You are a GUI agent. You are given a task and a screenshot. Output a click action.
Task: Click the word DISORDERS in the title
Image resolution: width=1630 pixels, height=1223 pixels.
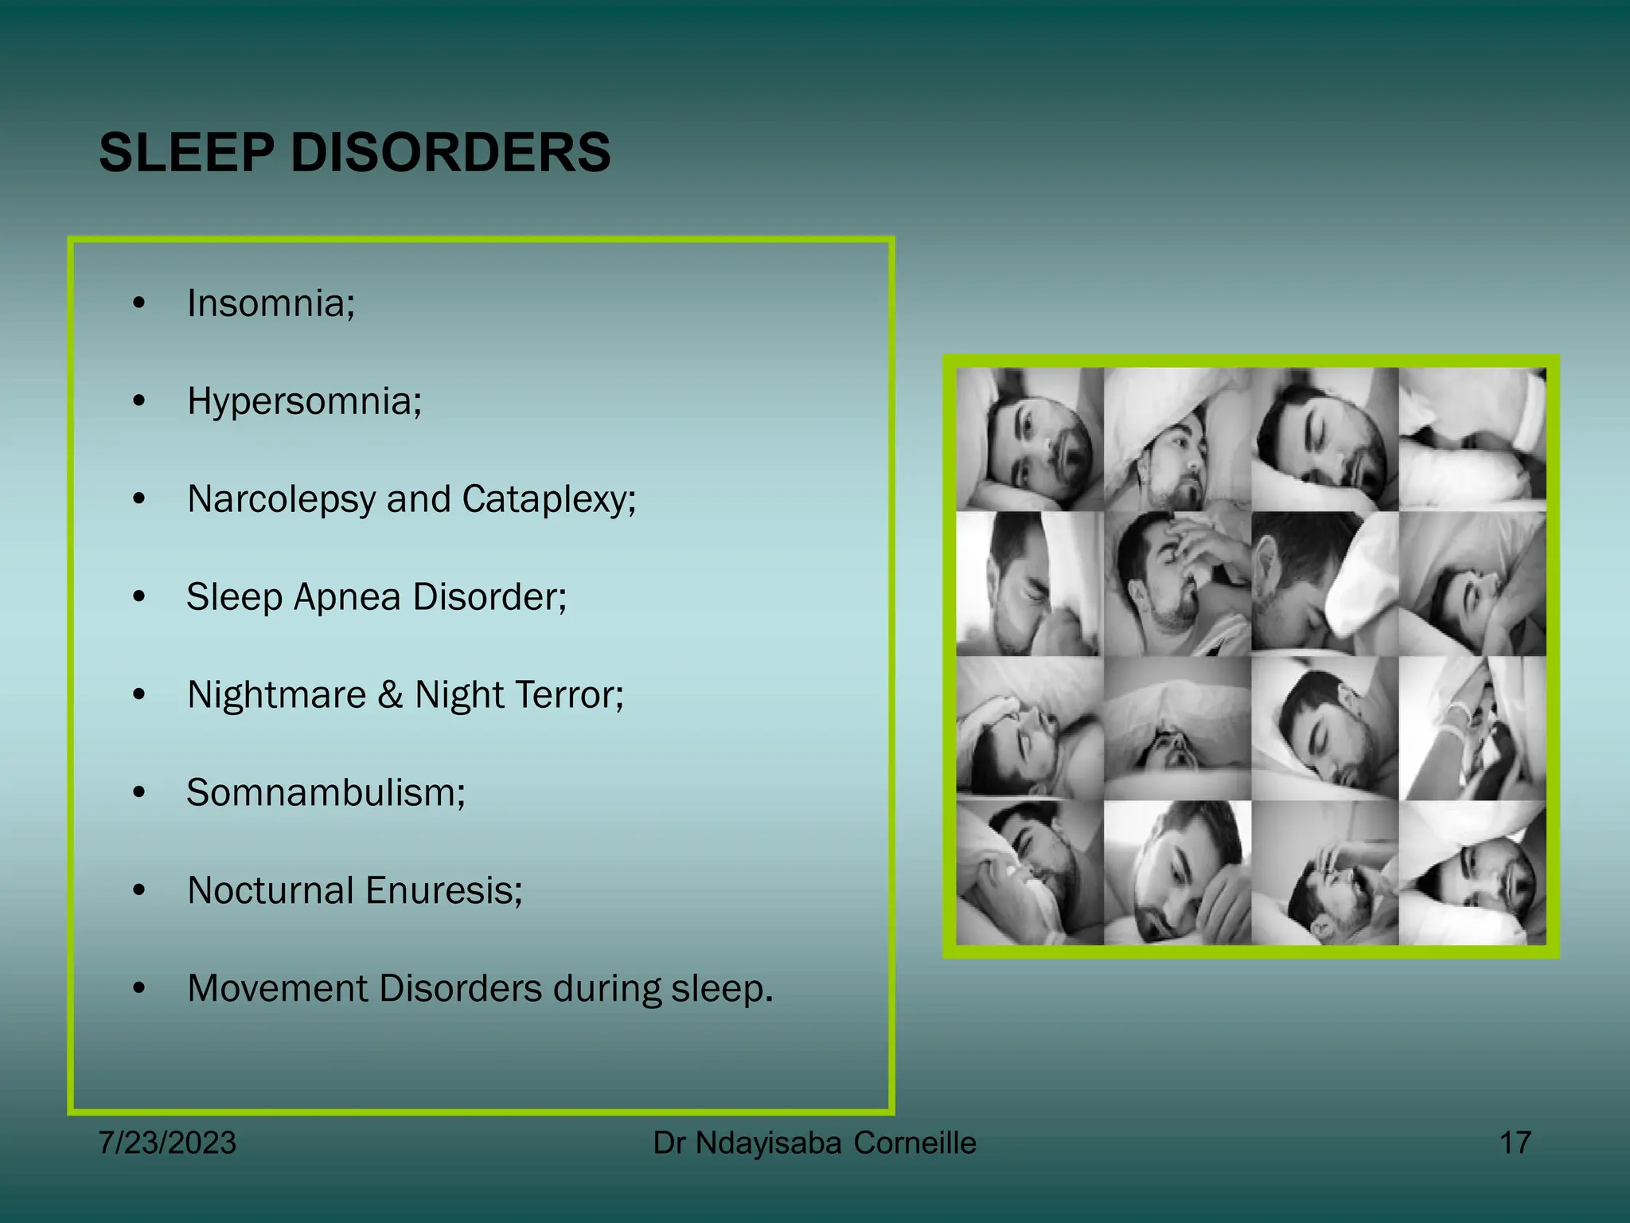coord(450,152)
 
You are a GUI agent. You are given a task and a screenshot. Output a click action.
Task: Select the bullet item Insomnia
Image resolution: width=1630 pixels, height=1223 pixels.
coord(271,303)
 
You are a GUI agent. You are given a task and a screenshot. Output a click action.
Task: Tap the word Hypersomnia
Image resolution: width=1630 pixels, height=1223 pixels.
coord(304,401)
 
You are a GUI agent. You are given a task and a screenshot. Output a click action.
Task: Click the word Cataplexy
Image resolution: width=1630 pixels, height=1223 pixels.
coord(548,500)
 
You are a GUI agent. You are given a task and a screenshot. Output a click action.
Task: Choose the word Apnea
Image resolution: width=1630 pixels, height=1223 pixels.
coord(346,597)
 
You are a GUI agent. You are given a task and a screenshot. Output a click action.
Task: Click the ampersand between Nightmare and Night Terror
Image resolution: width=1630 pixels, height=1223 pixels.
coord(390,695)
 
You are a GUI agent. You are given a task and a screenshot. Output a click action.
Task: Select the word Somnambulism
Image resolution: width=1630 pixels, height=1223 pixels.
coord(326,793)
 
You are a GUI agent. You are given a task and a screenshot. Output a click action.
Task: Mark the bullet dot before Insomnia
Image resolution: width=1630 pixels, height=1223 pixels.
coord(139,303)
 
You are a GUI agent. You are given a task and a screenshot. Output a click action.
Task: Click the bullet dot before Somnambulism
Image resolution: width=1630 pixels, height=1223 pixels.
coord(139,793)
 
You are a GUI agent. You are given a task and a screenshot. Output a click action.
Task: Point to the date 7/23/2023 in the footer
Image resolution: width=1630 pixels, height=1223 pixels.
coord(167,1143)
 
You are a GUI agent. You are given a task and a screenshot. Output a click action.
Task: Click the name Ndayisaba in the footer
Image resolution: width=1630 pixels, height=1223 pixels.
coord(768,1143)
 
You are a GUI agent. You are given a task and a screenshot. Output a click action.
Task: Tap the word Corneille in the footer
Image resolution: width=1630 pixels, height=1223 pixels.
coord(914,1143)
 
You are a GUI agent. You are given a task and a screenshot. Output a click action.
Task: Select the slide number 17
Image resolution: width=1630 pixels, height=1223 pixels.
coord(1515,1143)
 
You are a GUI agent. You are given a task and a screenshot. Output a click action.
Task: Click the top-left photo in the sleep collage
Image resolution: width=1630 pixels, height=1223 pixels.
coord(1030,440)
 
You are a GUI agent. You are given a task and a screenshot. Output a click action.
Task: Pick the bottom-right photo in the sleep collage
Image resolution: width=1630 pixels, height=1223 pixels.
coord(1472,873)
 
